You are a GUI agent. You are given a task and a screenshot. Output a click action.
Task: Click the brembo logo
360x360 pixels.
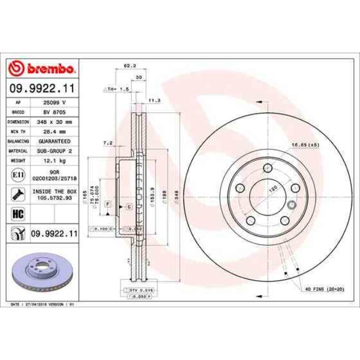pyautogui.click(x=42, y=69)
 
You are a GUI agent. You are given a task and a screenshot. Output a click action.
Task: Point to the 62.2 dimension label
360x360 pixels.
pyautogui.click(x=127, y=65)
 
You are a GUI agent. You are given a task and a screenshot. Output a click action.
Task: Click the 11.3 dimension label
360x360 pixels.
pyautogui.click(x=154, y=100)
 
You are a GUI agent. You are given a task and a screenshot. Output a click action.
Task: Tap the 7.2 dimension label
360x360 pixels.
pyautogui.click(x=108, y=143)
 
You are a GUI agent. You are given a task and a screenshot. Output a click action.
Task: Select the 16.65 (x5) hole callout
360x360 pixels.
pyautogui.click(x=306, y=145)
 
